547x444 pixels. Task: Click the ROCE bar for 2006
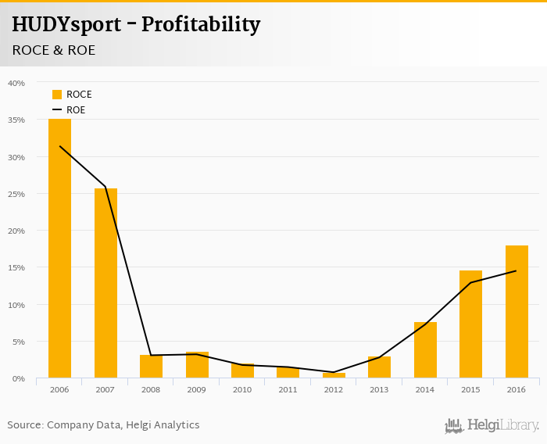(59, 249)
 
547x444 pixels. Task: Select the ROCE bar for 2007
(105, 283)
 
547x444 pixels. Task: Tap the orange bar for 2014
(425, 350)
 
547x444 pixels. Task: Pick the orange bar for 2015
(470, 324)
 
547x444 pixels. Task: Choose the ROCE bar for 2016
(517, 312)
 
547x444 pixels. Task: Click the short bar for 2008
(151, 367)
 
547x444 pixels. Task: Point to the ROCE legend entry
(72, 95)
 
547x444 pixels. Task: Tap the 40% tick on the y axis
(16, 83)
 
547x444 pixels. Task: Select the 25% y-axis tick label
(16, 194)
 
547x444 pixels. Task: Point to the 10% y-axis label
(16, 305)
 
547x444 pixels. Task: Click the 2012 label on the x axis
(334, 388)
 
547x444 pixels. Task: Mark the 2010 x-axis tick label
(242, 388)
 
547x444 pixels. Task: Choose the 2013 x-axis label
(379, 388)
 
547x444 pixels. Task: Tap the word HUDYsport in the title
(66, 24)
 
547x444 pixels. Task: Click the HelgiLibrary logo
(492, 425)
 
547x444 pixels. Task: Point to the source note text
(103, 425)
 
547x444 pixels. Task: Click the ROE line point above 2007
(105, 187)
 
